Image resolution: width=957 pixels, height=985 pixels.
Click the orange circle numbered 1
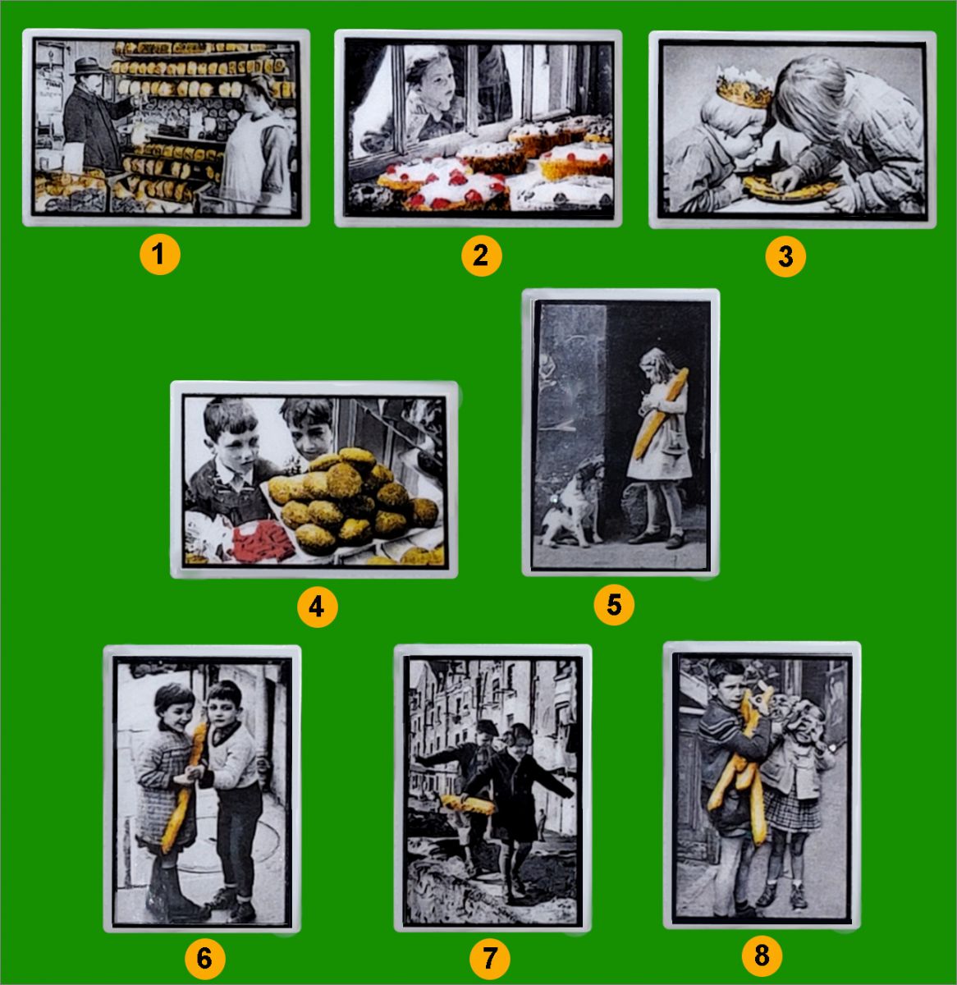(x=159, y=254)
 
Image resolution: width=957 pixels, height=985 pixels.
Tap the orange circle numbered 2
(x=481, y=255)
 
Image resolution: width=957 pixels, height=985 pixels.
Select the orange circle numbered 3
(x=785, y=257)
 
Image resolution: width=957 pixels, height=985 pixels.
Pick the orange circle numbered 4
(x=318, y=607)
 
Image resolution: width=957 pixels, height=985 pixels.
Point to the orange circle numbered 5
(x=614, y=605)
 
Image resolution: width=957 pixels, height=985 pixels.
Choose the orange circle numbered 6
(x=205, y=959)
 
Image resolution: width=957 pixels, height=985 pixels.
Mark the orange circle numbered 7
(x=489, y=959)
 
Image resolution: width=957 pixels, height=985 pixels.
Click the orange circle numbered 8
(x=762, y=956)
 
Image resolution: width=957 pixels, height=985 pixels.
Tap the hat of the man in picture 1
(x=87, y=66)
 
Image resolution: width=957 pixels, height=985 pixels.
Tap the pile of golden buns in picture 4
(x=349, y=498)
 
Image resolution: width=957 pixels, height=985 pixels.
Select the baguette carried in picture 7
(x=468, y=804)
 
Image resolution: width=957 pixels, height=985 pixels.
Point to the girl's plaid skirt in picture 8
(x=792, y=808)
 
